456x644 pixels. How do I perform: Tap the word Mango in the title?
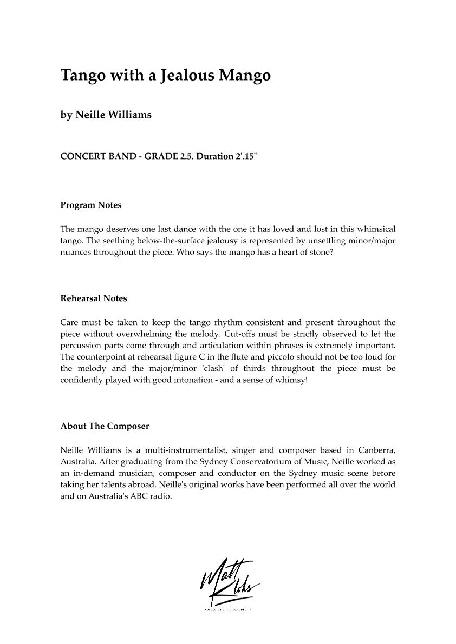[244, 76]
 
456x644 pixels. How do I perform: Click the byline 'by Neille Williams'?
[106, 115]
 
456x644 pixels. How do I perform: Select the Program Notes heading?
[91, 205]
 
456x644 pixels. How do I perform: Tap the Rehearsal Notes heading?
[94, 298]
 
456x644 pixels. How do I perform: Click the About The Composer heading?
[105, 426]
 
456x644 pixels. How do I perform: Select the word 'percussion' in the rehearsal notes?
[80, 345]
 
